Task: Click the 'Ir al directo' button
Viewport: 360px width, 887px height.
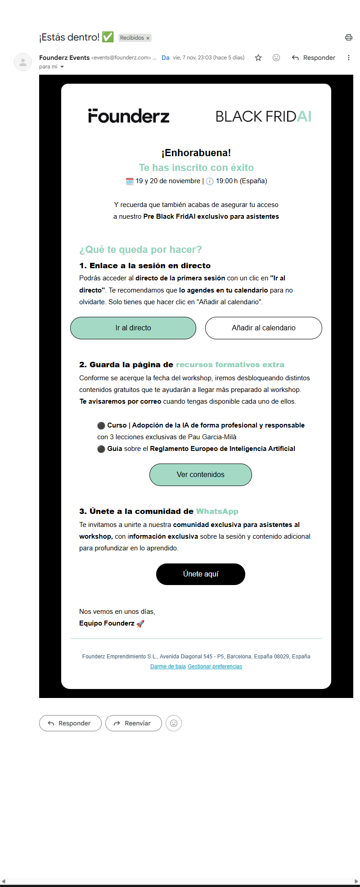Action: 133,328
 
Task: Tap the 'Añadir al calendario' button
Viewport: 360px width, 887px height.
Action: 264,328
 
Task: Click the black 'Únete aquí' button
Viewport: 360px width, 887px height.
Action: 201,574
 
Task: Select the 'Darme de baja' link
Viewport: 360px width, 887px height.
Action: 168,666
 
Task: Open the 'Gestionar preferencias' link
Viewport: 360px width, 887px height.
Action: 215,666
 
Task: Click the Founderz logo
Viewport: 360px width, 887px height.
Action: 129,116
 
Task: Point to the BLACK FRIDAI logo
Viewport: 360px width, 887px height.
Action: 264,117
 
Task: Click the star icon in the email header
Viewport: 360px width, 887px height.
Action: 258,58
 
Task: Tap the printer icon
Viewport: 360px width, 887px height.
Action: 349,37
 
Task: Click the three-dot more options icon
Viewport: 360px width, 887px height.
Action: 349,58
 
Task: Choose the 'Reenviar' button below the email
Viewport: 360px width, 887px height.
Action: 133,723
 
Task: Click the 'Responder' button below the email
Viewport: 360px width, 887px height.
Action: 70,723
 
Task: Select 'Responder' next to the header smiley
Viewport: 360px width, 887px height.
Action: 314,58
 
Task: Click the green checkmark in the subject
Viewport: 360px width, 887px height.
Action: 108,37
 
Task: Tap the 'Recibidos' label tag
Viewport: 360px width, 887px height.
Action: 135,38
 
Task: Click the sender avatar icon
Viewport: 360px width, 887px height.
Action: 23,62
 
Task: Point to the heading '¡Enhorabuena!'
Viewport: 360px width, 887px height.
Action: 196,153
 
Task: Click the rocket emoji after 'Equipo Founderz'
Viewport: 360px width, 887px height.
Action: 140,624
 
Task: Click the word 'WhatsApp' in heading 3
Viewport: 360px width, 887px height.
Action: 217,511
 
